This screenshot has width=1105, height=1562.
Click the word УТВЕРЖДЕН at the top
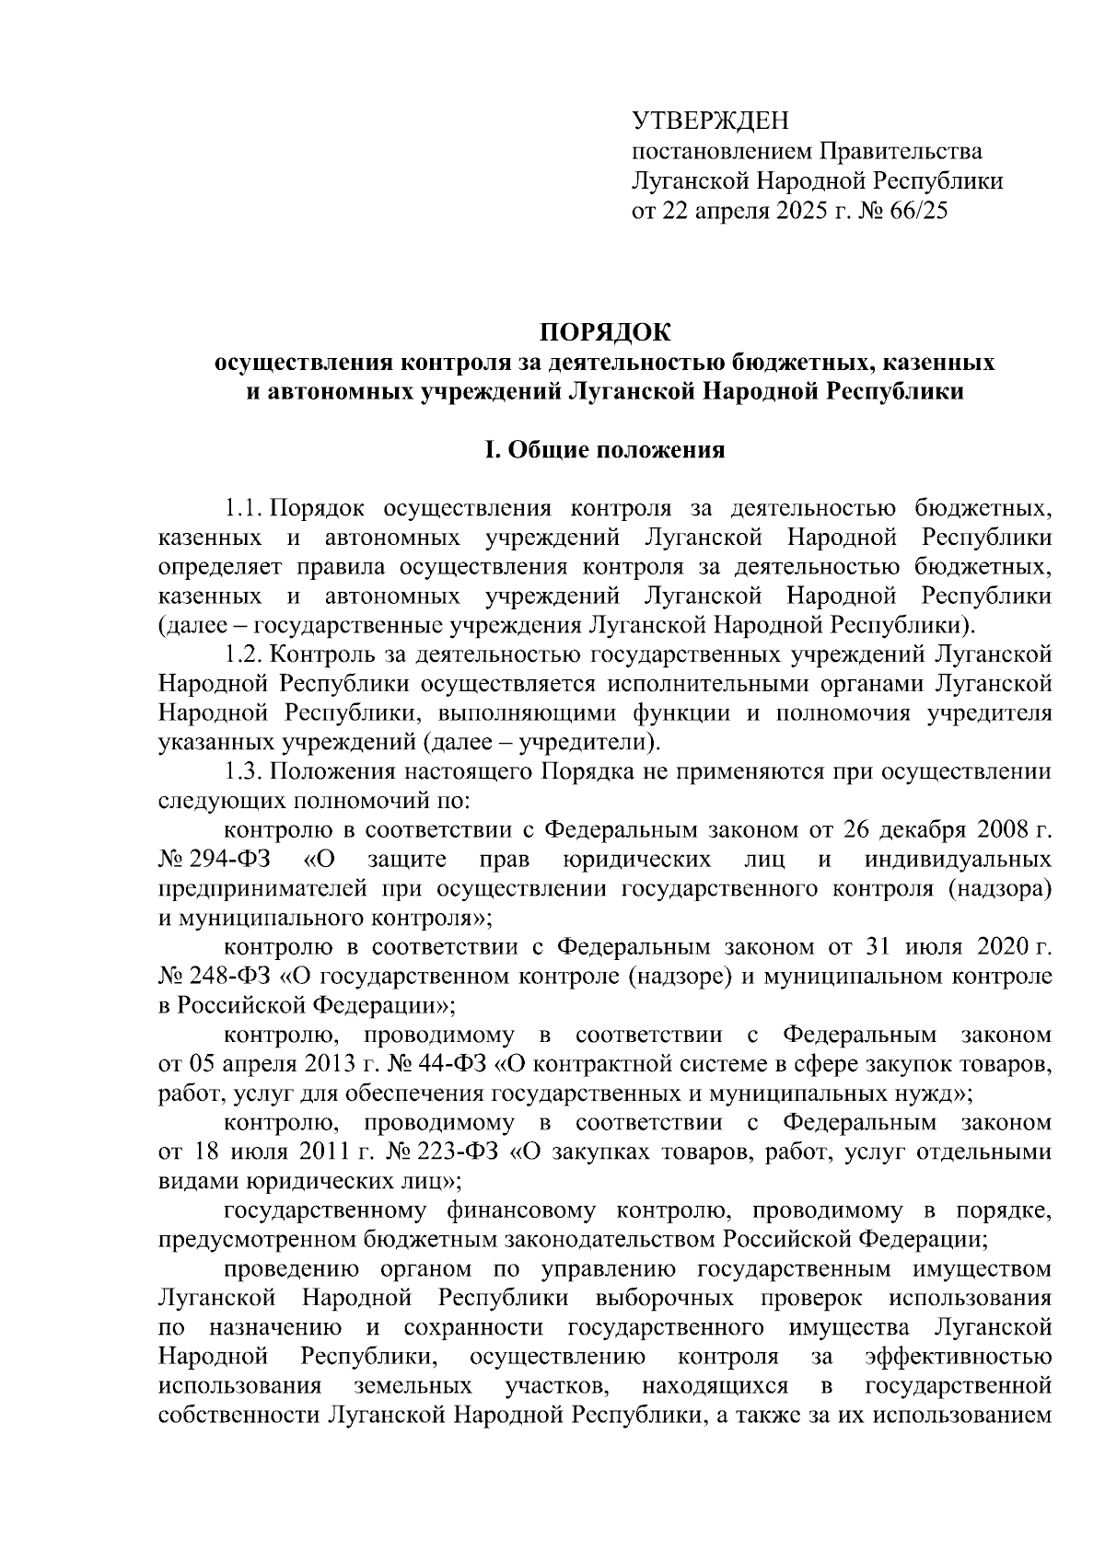coord(710,121)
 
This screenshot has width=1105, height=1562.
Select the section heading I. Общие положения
coord(605,450)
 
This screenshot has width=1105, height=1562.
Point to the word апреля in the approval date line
coord(716,211)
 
